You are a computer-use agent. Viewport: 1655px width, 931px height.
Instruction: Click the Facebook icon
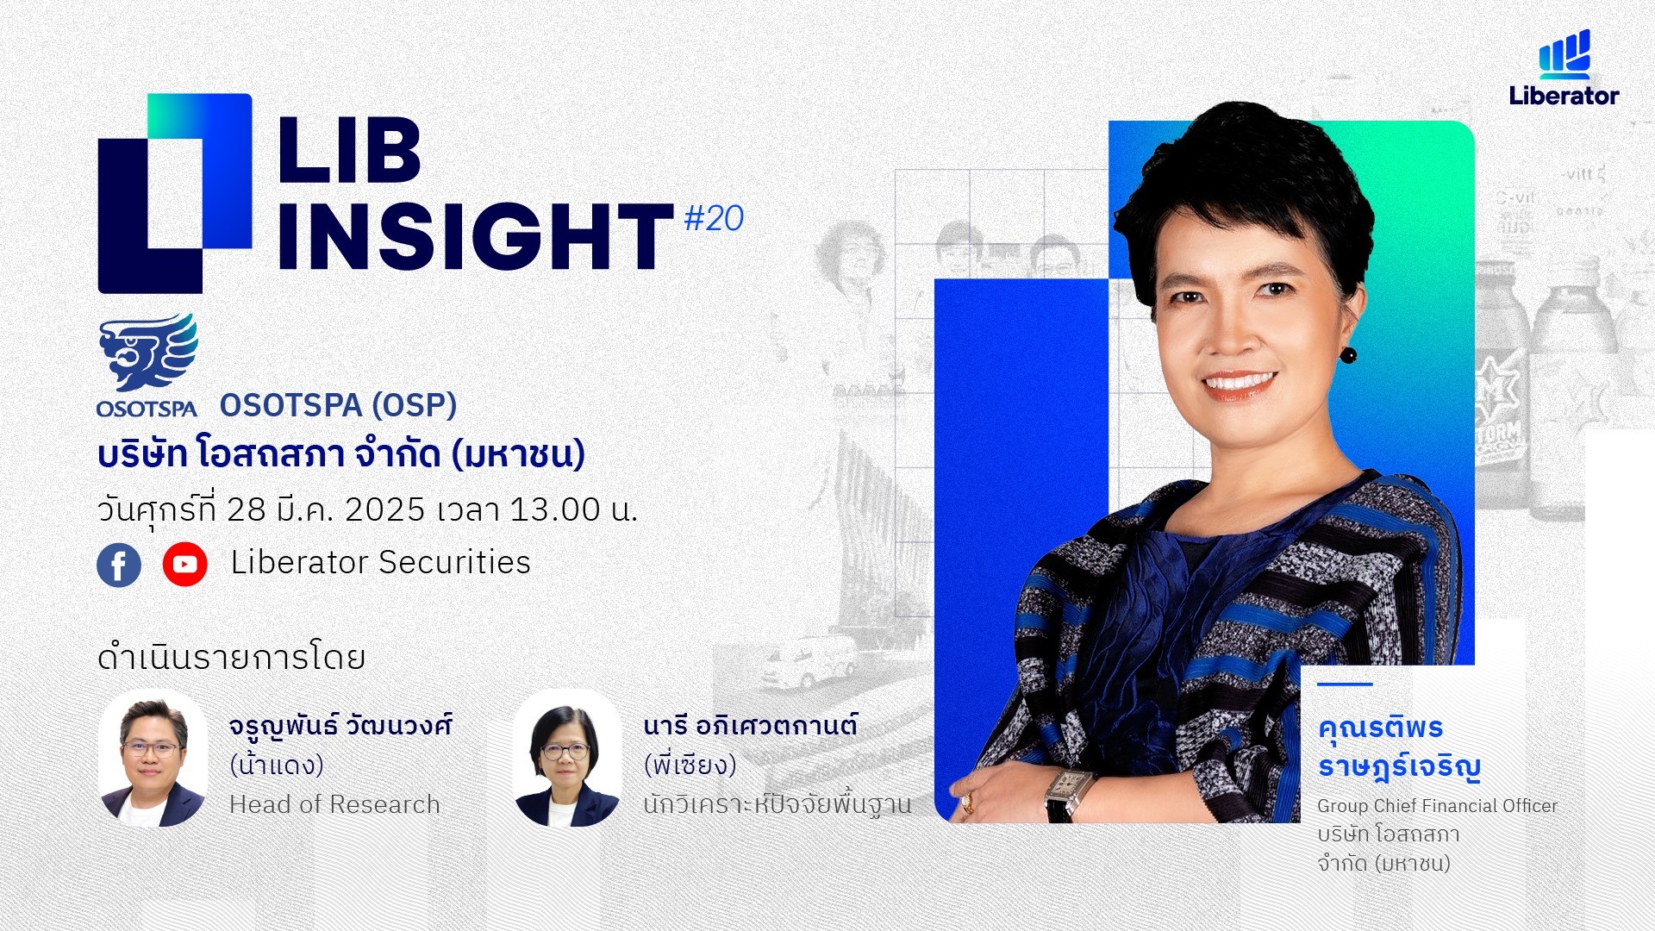119,565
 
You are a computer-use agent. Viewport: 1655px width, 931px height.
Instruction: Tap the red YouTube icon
184,565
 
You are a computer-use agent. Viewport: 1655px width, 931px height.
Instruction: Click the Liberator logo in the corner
1564,68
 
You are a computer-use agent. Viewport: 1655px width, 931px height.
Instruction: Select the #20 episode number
714,218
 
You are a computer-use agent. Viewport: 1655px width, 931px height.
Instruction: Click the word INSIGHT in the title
475,236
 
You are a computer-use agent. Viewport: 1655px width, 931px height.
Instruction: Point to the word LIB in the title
349,150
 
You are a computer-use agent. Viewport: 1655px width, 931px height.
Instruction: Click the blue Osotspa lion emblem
148,353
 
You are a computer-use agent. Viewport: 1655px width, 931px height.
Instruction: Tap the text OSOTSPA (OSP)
338,405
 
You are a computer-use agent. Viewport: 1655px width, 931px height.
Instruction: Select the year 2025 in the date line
385,509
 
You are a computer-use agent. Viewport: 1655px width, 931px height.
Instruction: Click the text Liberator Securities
380,562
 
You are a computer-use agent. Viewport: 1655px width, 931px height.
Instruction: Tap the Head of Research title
334,804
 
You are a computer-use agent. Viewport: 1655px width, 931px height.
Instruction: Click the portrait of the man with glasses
153,758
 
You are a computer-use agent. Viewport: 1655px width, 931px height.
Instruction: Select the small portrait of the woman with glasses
567,758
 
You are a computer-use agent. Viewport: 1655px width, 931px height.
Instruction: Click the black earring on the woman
1348,354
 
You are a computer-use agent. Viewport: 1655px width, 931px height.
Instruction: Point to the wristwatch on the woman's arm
1070,793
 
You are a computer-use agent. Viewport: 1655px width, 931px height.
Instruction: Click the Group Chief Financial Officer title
1437,806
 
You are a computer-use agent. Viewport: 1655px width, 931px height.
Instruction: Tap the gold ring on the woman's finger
967,803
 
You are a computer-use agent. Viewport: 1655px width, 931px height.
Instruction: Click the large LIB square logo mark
175,193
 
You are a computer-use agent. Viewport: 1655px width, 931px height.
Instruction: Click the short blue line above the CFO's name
1345,684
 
